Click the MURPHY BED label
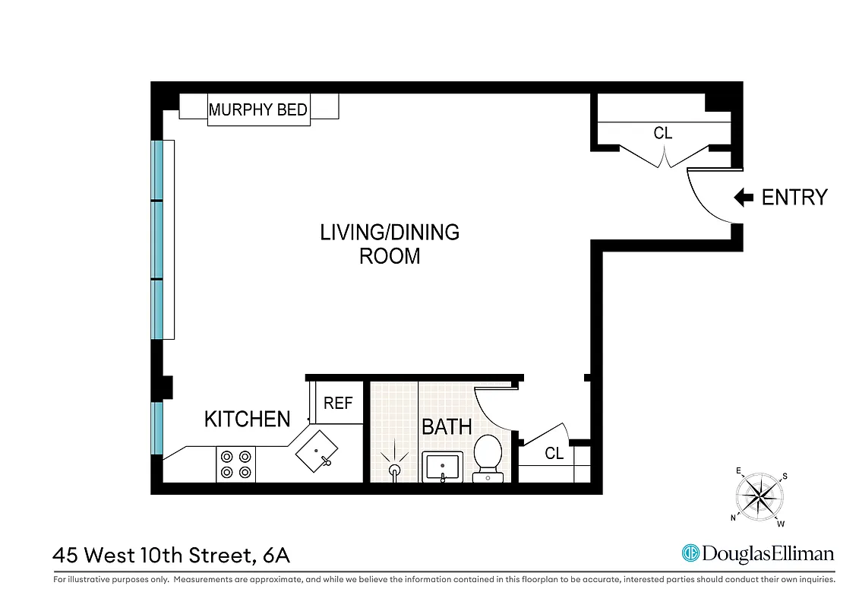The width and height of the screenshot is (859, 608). coord(258,109)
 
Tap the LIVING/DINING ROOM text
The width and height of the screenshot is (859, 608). coord(390,244)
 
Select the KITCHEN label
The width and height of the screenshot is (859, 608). coord(248,419)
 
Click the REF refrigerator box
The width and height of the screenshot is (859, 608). coord(338,403)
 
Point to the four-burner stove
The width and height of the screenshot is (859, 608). coord(235,464)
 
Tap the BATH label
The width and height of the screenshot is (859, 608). coord(447,427)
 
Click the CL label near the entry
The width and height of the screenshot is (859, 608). coord(663,133)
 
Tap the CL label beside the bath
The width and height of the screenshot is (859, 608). coord(554,454)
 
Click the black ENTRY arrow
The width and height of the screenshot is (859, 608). coord(743,198)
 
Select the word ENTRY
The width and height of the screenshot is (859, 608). coord(794,198)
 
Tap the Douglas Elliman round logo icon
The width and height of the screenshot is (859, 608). coord(690,553)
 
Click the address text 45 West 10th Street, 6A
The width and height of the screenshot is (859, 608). coord(172,556)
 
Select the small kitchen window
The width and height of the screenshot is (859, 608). coord(158,428)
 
